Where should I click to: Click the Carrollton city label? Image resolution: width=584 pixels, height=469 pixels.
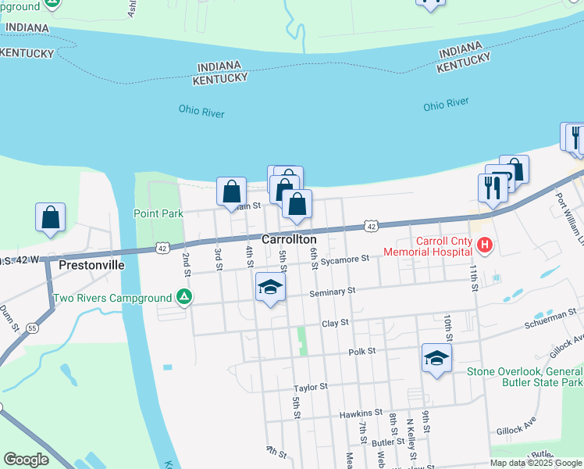[x=289, y=239]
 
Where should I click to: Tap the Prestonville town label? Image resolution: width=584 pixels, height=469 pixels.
[x=91, y=265]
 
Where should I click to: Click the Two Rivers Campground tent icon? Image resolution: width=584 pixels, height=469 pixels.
[x=184, y=297]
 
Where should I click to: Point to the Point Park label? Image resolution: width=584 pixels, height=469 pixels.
[x=158, y=213]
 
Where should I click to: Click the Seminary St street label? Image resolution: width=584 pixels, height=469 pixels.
[x=332, y=291]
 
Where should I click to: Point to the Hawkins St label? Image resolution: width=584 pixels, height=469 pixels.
[x=361, y=412]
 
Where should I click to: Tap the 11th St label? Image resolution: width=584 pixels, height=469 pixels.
[x=474, y=277]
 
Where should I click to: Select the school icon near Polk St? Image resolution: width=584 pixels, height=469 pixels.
[x=436, y=358]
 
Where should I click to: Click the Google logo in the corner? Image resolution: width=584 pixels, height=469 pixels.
[x=26, y=460]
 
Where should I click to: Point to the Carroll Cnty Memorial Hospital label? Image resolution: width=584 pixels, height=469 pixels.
[x=428, y=246]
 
